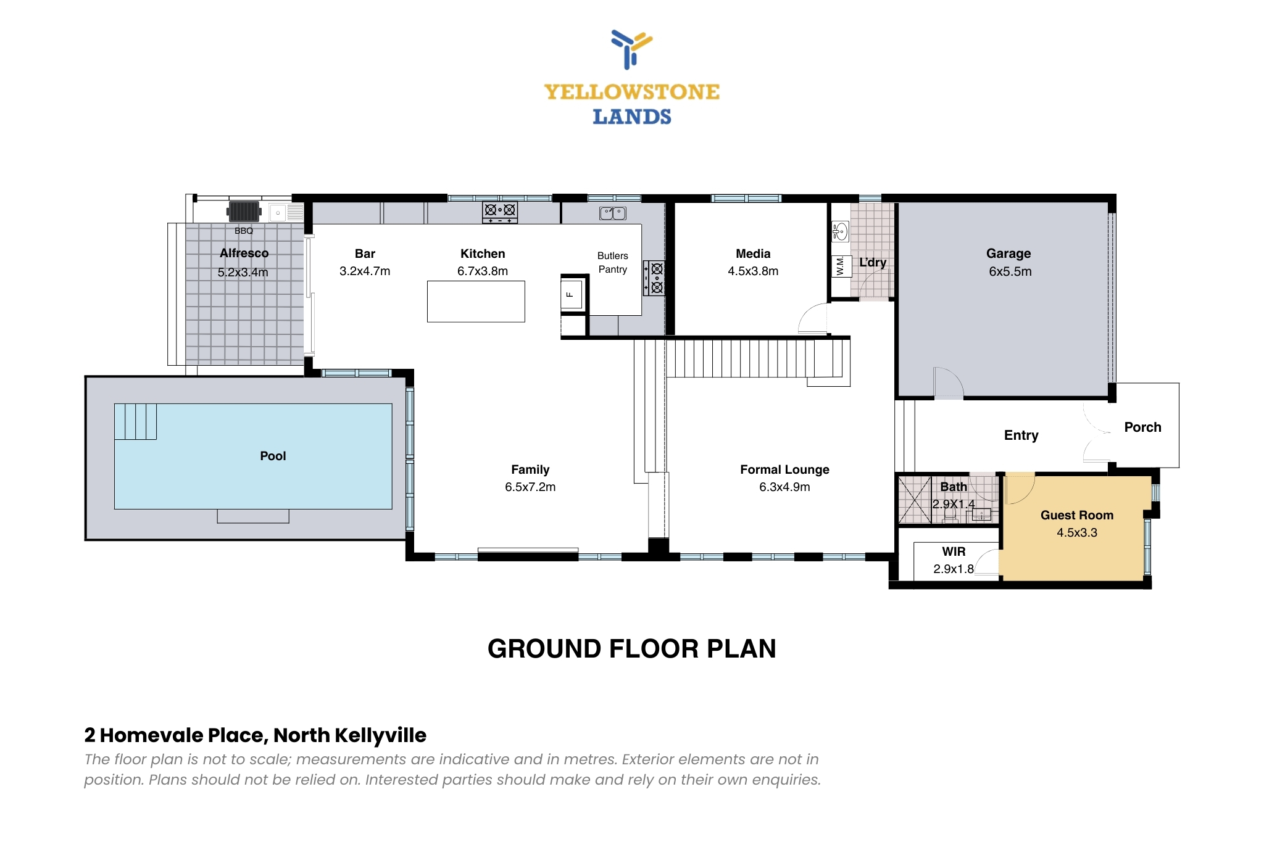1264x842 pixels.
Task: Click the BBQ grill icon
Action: (x=244, y=212)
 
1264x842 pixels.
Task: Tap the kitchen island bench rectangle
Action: (x=476, y=302)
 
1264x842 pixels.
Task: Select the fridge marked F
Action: (x=571, y=294)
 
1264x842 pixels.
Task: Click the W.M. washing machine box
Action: (x=841, y=266)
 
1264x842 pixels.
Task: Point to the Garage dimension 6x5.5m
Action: (x=1010, y=271)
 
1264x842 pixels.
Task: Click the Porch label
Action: (x=1142, y=427)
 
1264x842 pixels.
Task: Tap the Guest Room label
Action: (x=1077, y=515)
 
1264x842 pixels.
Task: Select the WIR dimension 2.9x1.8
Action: (x=954, y=569)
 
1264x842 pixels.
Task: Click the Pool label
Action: (x=273, y=456)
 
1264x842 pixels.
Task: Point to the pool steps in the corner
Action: (x=135, y=421)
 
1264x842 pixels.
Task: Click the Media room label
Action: (x=753, y=254)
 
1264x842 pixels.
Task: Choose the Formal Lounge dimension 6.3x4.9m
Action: (x=784, y=487)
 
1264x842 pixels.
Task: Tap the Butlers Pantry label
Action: (x=613, y=262)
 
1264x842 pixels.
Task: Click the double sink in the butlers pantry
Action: (x=613, y=213)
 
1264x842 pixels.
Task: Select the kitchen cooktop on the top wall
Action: (x=500, y=212)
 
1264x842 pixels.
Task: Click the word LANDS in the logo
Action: (x=632, y=117)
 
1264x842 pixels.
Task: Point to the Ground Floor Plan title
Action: (x=632, y=648)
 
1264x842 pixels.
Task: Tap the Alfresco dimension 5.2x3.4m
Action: (x=243, y=272)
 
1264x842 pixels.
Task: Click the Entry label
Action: (x=1021, y=435)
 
